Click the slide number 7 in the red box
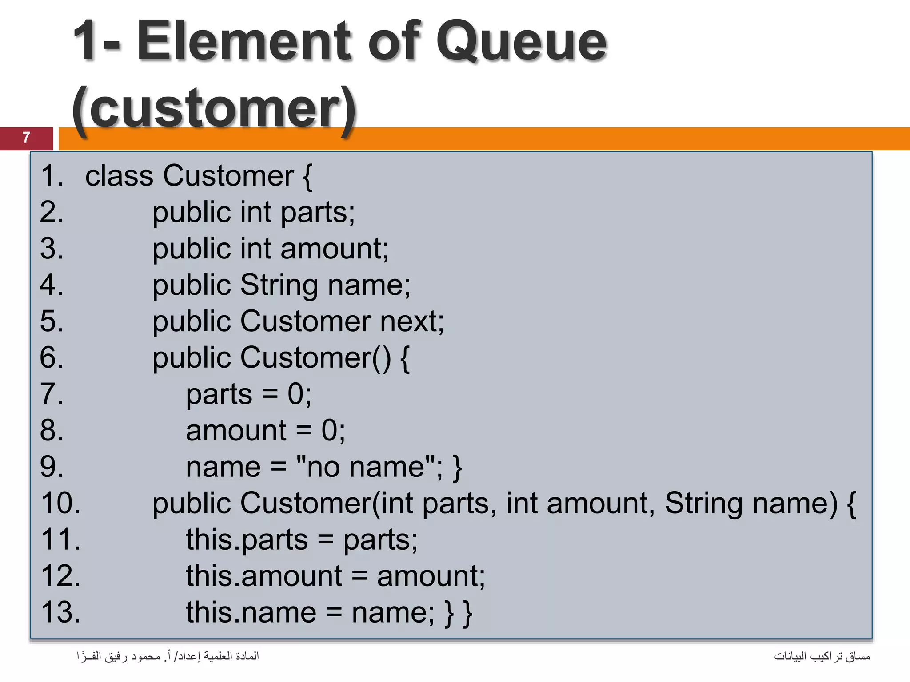(26, 138)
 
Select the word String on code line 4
(279, 285)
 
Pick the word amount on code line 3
(333, 249)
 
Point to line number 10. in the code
(60, 504)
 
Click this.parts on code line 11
(247, 540)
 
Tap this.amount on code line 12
(264, 576)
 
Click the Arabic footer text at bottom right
(822, 656)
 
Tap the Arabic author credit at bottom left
(168, 656)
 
